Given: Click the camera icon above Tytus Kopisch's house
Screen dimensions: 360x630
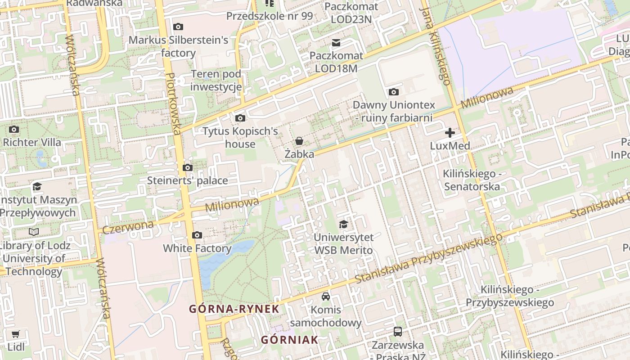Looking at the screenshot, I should click(240, 118).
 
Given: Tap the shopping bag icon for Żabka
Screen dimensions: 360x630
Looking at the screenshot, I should click(299, 141).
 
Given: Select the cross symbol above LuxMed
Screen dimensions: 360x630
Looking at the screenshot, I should click(450, 132).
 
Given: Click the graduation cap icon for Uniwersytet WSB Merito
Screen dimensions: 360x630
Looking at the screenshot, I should click(343, 224).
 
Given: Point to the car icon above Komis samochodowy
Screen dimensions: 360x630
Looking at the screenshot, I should click(326, 297).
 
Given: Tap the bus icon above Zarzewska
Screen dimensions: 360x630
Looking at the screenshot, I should click(397, 332).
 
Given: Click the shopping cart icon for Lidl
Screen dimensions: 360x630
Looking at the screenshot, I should click(16, 334).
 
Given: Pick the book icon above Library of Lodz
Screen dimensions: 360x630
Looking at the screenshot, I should click(34, 232).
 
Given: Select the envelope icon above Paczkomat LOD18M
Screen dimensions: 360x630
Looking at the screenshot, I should click(336, 43).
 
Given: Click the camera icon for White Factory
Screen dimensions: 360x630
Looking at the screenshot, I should click(197, 235).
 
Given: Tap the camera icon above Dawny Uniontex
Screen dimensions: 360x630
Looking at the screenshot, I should click(394, 92).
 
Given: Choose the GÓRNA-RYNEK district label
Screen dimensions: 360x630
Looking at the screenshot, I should click(234, 309).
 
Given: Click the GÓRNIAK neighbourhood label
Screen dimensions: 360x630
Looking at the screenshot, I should click(289, 340).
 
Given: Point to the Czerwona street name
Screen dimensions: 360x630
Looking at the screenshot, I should click(128, 227).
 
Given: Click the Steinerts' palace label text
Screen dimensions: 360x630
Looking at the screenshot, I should click(188, 180).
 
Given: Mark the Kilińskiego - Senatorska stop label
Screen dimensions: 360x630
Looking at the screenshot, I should click(472, 180).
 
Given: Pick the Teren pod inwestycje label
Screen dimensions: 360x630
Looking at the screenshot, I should click(216, 81).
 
